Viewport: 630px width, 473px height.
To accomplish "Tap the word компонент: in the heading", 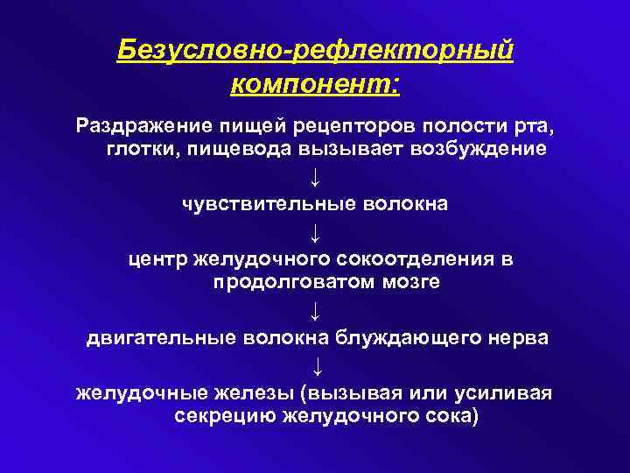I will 315,86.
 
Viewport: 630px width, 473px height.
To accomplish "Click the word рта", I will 532,124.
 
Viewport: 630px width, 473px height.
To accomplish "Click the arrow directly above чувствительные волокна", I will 315,176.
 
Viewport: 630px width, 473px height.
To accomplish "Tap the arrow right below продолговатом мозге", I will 315,309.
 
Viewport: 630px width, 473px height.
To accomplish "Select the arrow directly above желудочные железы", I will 315,364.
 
